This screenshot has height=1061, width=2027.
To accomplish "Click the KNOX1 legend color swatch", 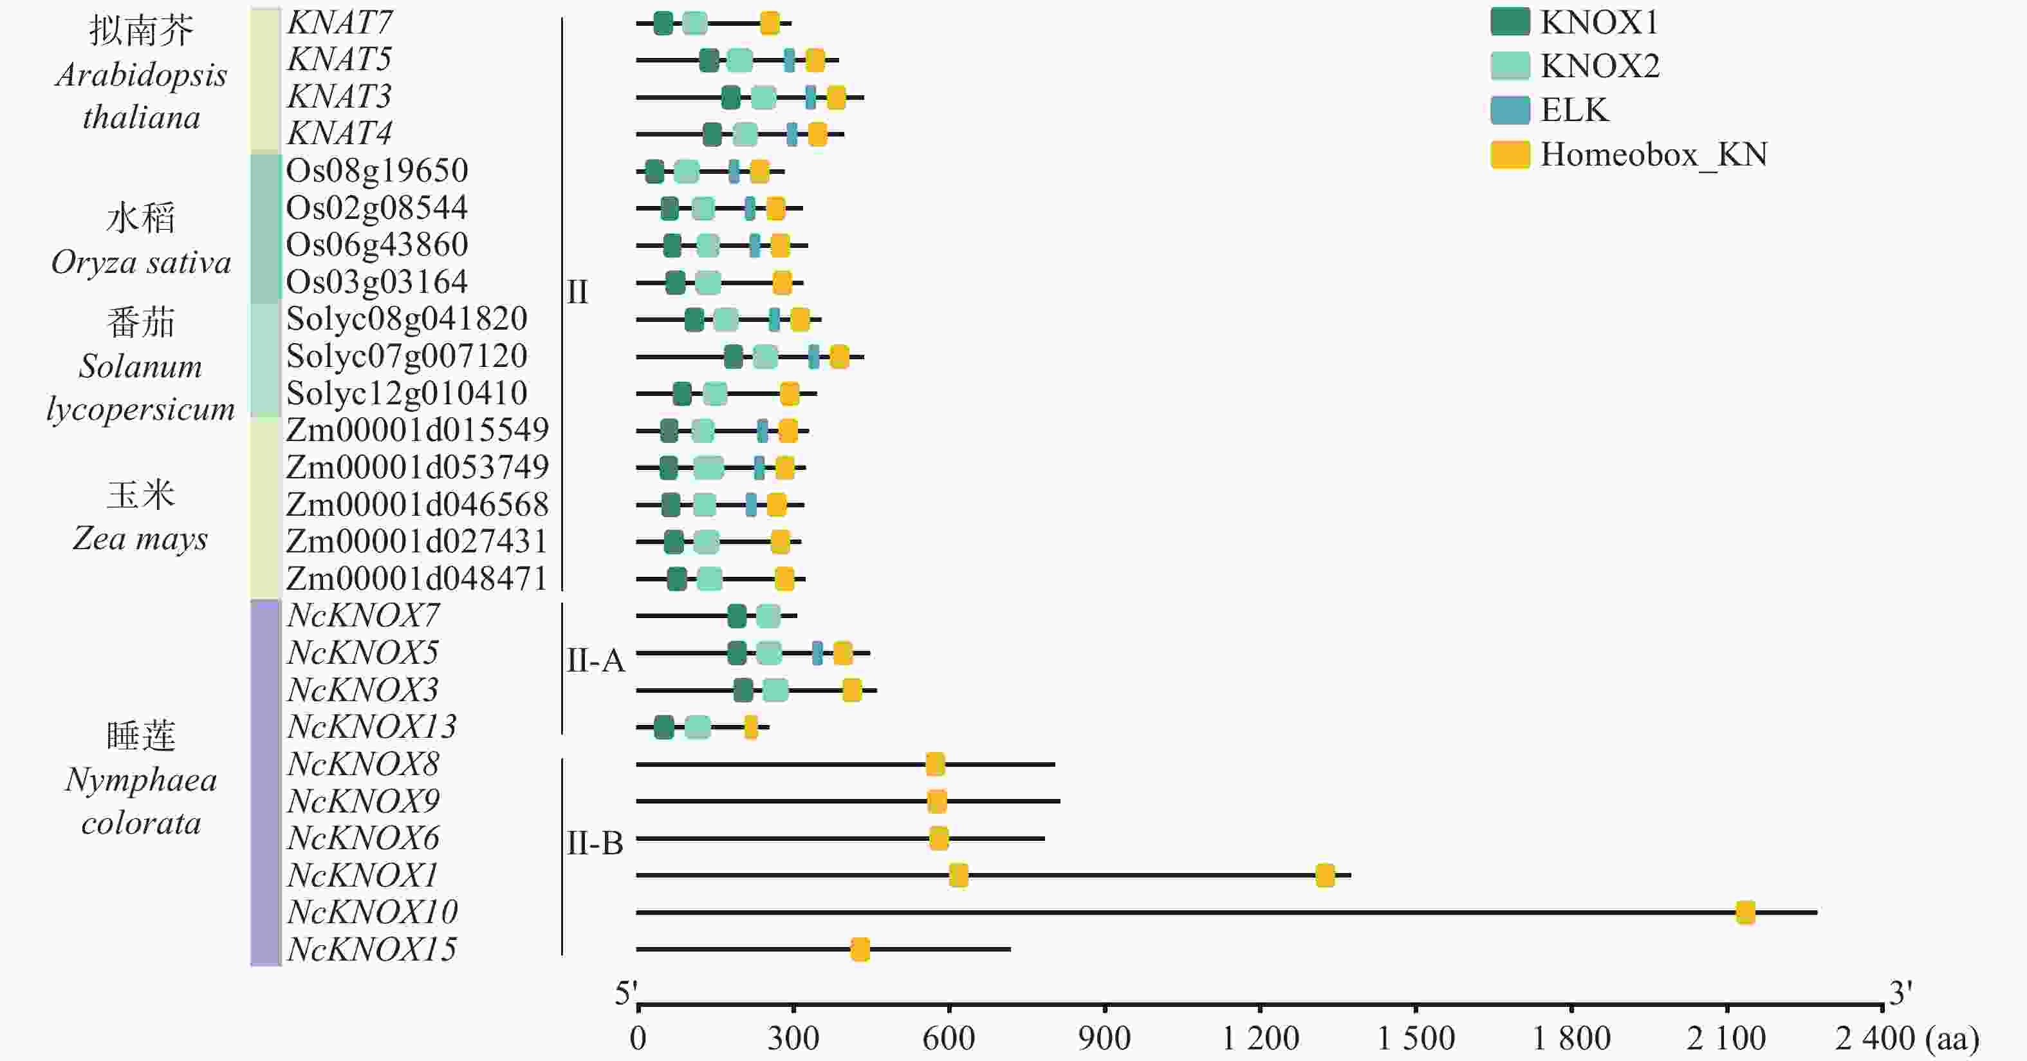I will click(1509, 22).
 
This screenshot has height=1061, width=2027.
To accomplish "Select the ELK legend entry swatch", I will click(1509, 110).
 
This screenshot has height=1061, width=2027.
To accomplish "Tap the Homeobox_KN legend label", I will click(1653, 155).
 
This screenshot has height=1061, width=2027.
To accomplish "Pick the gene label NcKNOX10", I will click(372, 912).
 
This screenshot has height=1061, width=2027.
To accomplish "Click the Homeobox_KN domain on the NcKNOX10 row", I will click(1745, 912).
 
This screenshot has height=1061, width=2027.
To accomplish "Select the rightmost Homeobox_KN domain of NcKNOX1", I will click(1325, 875).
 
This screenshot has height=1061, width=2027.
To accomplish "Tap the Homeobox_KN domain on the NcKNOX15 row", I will click(860, 949).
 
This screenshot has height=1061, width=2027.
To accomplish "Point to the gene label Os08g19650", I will click(377, 171).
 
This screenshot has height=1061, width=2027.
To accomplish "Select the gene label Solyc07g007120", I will click(407, 356).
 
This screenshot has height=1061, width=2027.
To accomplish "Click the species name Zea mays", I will click(140, 538).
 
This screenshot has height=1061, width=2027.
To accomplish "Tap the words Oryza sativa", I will click(141, 262).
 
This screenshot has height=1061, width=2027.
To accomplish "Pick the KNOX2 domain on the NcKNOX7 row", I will click(768, 616).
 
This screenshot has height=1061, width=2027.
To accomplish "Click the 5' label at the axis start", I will click(625, 993).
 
